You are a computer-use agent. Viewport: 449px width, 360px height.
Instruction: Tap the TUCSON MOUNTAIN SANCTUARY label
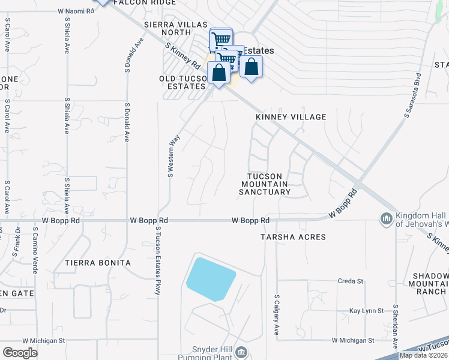(x=265, y=184)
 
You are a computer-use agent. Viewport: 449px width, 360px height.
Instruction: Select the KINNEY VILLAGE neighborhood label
(x=291, y=117)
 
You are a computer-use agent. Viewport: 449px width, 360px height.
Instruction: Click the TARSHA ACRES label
(x=293, y=237)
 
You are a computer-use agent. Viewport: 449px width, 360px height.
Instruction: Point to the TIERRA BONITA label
(x=98, y=263)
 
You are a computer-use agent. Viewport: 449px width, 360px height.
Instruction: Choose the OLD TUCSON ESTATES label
(x=182, y=83)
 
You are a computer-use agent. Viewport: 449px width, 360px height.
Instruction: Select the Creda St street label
(x=351, y=281)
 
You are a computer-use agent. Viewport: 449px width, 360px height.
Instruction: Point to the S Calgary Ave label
(x=277, y=314)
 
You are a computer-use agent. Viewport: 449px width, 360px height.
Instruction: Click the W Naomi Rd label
(x=77, y=11)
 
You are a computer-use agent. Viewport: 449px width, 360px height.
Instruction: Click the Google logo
(x=20, y=353)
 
